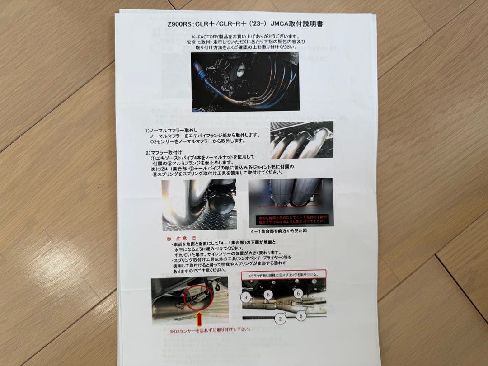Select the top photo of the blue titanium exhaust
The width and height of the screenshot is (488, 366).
tap(238, 81)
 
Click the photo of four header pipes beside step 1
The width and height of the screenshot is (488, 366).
tap(301, 140)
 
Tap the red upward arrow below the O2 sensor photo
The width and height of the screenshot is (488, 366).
tap(199, 319)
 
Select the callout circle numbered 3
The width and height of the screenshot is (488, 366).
tap(245, 297)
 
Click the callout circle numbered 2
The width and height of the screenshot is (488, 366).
tap(280, 318)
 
